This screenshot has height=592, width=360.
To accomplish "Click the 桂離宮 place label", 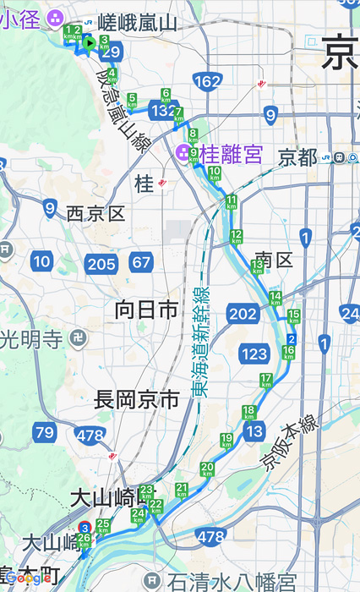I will tap(232, 154).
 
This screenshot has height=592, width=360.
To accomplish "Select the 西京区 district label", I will tap(95, 213).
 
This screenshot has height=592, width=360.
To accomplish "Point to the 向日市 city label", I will tap(146, 310).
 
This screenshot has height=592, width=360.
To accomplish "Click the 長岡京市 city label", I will tap(136, 399).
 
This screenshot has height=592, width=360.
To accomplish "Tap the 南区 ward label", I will tap(273, 260).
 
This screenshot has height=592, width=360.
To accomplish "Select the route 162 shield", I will tap(207, 81).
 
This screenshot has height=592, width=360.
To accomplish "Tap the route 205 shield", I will tap(101, 265).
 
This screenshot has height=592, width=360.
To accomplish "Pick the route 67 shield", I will tap(141, 262).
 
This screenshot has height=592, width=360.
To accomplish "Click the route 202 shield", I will tap(242, 315).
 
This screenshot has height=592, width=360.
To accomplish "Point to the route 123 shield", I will tap(254, 354).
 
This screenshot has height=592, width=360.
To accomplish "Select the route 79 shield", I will tap(45, 433).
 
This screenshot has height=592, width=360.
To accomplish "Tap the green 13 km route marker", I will tap(257, 267).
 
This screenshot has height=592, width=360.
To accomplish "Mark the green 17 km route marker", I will tap(266, 381).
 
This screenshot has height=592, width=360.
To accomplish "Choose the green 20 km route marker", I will tap(208, 469).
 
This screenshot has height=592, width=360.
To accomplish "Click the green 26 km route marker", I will tap(83, 540).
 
